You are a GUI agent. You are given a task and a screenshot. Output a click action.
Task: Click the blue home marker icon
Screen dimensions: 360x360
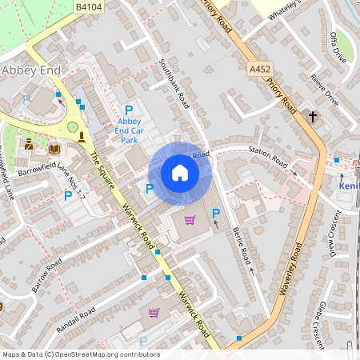(x=179, y=172)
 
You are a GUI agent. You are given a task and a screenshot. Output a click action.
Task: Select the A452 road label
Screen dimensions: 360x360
(x=260, y=70)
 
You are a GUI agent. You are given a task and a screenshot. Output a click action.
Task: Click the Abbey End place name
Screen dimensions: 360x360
(x=31, y=70)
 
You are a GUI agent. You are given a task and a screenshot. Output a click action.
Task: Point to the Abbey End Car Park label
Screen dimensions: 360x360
(x=128, y=130)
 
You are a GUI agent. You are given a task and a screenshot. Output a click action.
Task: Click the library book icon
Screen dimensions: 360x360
(x=54, y=149)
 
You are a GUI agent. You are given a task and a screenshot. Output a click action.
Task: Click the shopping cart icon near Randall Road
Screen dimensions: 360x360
(x=154, y=313)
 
